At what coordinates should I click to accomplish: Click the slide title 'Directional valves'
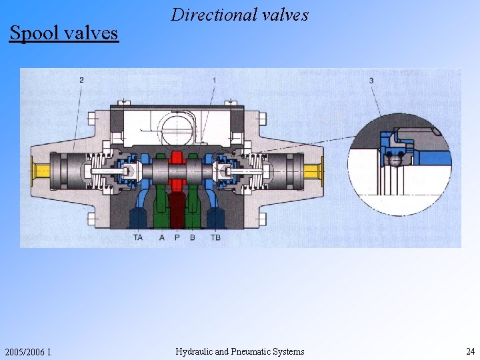click(x=239, y=15)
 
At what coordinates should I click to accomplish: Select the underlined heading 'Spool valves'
click(x=64, y=33)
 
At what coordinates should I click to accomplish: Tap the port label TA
click(x=138, y=237)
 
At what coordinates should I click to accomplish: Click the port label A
click(x=162, y=237)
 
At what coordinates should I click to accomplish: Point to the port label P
click(x=177, y=237)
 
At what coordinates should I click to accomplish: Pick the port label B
click(x=192, y=237)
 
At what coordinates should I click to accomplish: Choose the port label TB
click(x=215, y=237)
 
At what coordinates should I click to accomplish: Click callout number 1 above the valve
click(x=214, y=80)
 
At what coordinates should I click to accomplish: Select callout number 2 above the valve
click(x=81, y=80)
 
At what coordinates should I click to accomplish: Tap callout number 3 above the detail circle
click(x=371, y=81)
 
